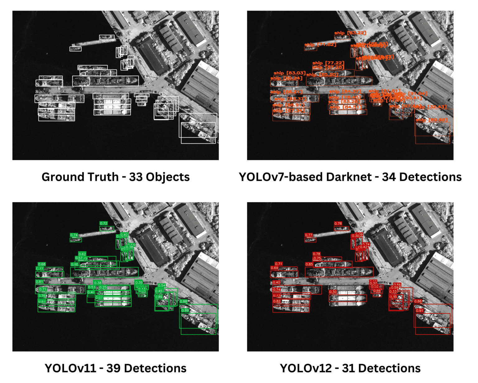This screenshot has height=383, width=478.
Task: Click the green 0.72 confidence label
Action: [x=104, y=223]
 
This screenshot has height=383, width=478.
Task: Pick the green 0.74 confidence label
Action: [x=74, y=235]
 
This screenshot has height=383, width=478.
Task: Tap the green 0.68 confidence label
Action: [x=42, y=264]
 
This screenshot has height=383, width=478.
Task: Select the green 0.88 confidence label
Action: [x=184, y=302]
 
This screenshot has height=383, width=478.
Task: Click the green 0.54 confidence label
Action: [x=162, y=285]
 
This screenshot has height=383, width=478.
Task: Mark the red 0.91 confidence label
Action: [x=419, y=311]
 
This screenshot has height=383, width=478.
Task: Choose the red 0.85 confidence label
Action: [x=309, y=264]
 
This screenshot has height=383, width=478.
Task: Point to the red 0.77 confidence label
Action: [x=308, y=235]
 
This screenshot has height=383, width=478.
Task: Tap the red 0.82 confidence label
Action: [x=277, y=301]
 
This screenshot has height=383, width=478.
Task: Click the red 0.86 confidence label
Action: [x=418, y=301]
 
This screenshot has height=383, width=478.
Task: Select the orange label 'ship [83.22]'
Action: [x=350, y=33]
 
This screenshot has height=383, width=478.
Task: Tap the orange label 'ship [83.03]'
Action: [x=289, y=73]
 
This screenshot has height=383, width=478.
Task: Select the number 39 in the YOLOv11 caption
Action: [x=114, y=368]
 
